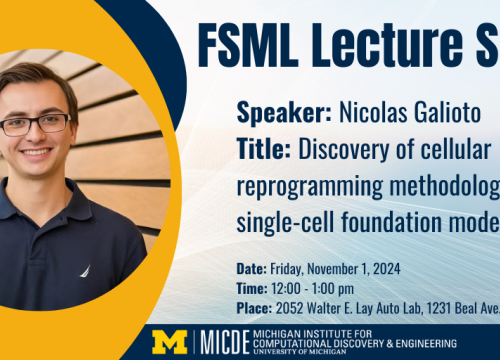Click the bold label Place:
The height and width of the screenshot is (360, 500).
tap(254, 306)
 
